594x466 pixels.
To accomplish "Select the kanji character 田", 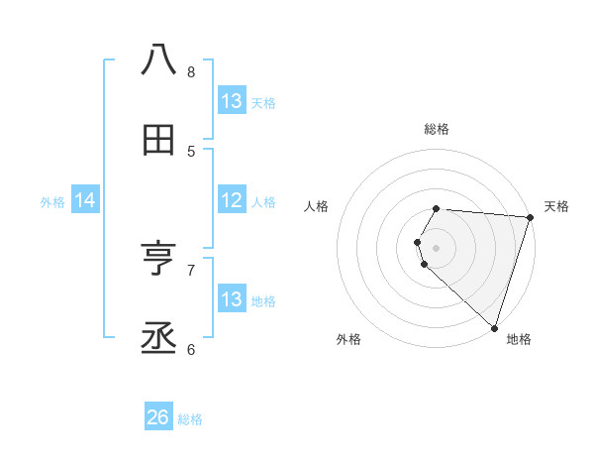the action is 158,141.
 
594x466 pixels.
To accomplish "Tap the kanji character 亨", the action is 158,260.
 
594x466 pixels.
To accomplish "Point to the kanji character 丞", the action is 158,340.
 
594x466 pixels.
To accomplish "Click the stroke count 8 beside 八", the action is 191,71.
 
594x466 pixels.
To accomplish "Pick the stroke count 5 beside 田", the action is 191,151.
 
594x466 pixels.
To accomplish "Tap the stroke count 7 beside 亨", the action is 191,269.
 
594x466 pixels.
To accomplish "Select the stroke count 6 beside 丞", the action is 191,349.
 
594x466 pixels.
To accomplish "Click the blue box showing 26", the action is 158,417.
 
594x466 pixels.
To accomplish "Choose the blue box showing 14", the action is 85,201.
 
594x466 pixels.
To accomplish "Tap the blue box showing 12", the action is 232,200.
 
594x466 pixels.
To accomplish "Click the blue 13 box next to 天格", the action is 232,101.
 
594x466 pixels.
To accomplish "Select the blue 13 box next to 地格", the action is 232,299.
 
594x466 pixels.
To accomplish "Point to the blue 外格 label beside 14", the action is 52,202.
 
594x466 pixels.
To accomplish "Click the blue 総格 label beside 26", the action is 190,419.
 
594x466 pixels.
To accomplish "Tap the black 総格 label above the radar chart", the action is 437,129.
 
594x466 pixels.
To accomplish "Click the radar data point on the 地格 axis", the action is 494,326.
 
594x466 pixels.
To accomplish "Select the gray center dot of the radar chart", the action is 437,247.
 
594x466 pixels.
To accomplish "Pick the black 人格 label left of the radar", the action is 317,206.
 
